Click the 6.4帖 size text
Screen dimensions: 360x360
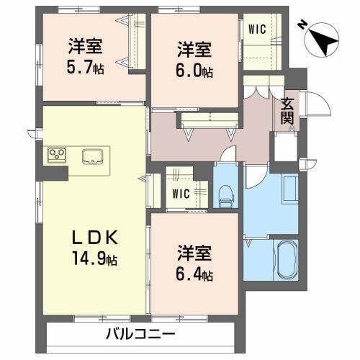point(195,274)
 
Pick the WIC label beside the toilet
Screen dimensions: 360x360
point(181,192)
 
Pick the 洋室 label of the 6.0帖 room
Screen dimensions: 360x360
point(195,50)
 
